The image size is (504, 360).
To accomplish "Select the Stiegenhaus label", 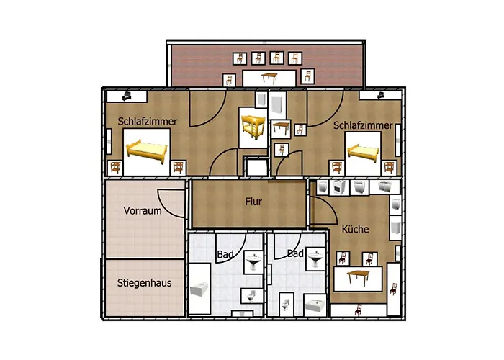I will tap(144, 283).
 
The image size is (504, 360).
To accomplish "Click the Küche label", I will tap(356, 229).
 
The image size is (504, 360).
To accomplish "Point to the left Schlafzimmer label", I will tap(148, 122).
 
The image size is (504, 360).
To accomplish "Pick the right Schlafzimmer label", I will tap(363, 125).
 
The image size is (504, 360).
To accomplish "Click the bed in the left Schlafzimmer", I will tap(147, 150).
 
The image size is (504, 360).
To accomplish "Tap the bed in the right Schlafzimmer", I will tap(363, 152).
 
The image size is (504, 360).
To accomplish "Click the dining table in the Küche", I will tap(360, 276).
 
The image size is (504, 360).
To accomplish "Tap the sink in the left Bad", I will tap(253, 264).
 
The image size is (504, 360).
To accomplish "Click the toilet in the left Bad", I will tap(249, 297).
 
